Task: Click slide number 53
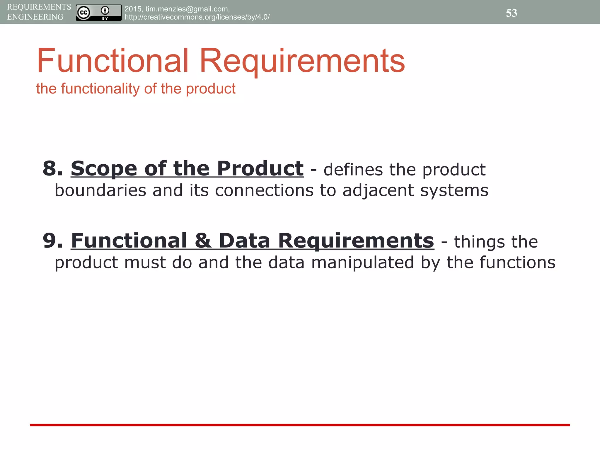511,13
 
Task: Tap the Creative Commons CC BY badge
99,13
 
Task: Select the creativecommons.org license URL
197,17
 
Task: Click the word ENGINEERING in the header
35,17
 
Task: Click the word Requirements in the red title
302,61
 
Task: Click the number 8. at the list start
53,169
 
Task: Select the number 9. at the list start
53,241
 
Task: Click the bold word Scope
104,169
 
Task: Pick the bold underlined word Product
260,169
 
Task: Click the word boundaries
100,190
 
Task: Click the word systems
454,191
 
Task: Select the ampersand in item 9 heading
202,241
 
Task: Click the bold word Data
244,241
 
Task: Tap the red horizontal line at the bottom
300,425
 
